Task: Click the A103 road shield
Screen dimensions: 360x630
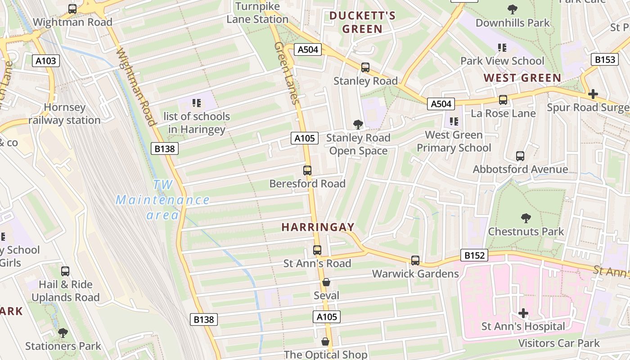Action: click(46, 61)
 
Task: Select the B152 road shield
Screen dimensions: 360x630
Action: click(473, 256)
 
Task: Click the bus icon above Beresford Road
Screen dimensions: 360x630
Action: click(307, 171)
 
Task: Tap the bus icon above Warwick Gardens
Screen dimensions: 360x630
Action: click(415, 261)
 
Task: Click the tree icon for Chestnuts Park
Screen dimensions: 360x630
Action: click(526, 219)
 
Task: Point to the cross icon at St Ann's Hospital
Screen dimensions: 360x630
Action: click(523, 313)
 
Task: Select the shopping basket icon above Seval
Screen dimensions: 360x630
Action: click(326, 283)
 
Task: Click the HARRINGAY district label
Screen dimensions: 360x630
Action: click(318, 227)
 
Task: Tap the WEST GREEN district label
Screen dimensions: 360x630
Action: click(522, 78)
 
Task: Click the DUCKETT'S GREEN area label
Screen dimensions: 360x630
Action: click(362, 22)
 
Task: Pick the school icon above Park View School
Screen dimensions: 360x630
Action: click(502, 48)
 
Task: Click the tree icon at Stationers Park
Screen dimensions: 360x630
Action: click(63, 333)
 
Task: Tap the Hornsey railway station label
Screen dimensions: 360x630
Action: click(64, 114)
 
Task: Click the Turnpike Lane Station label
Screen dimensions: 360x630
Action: click(257, 13)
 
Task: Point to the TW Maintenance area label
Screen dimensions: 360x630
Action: click(162, 200)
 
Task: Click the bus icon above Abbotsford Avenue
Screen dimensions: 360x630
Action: click(520, 156)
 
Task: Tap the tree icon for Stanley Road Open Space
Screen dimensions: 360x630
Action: click(358, 124)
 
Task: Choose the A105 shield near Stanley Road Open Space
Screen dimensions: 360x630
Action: click(305, 138)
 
